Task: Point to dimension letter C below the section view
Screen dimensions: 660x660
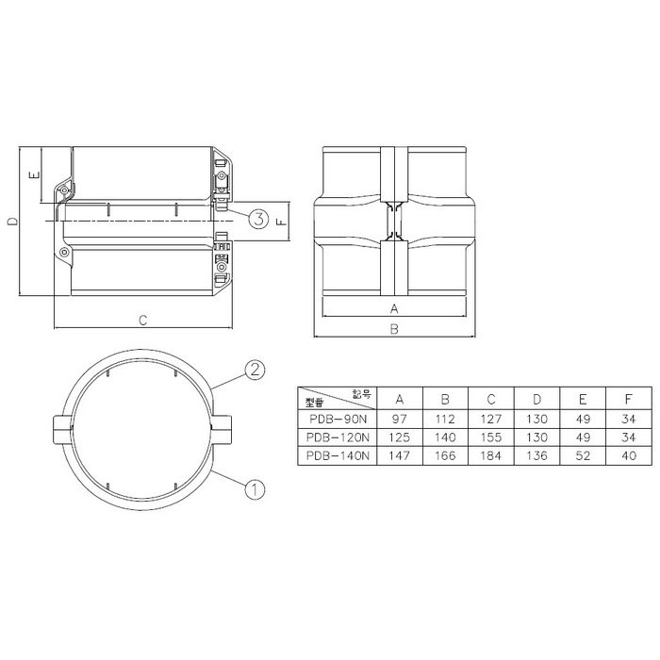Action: click(142, 321)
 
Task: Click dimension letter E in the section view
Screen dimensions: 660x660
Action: click(32, 175)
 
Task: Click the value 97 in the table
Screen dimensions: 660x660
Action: click(400, 418)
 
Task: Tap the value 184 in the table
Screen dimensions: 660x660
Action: click(492, 455)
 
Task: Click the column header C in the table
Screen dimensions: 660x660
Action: click(492, 398)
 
